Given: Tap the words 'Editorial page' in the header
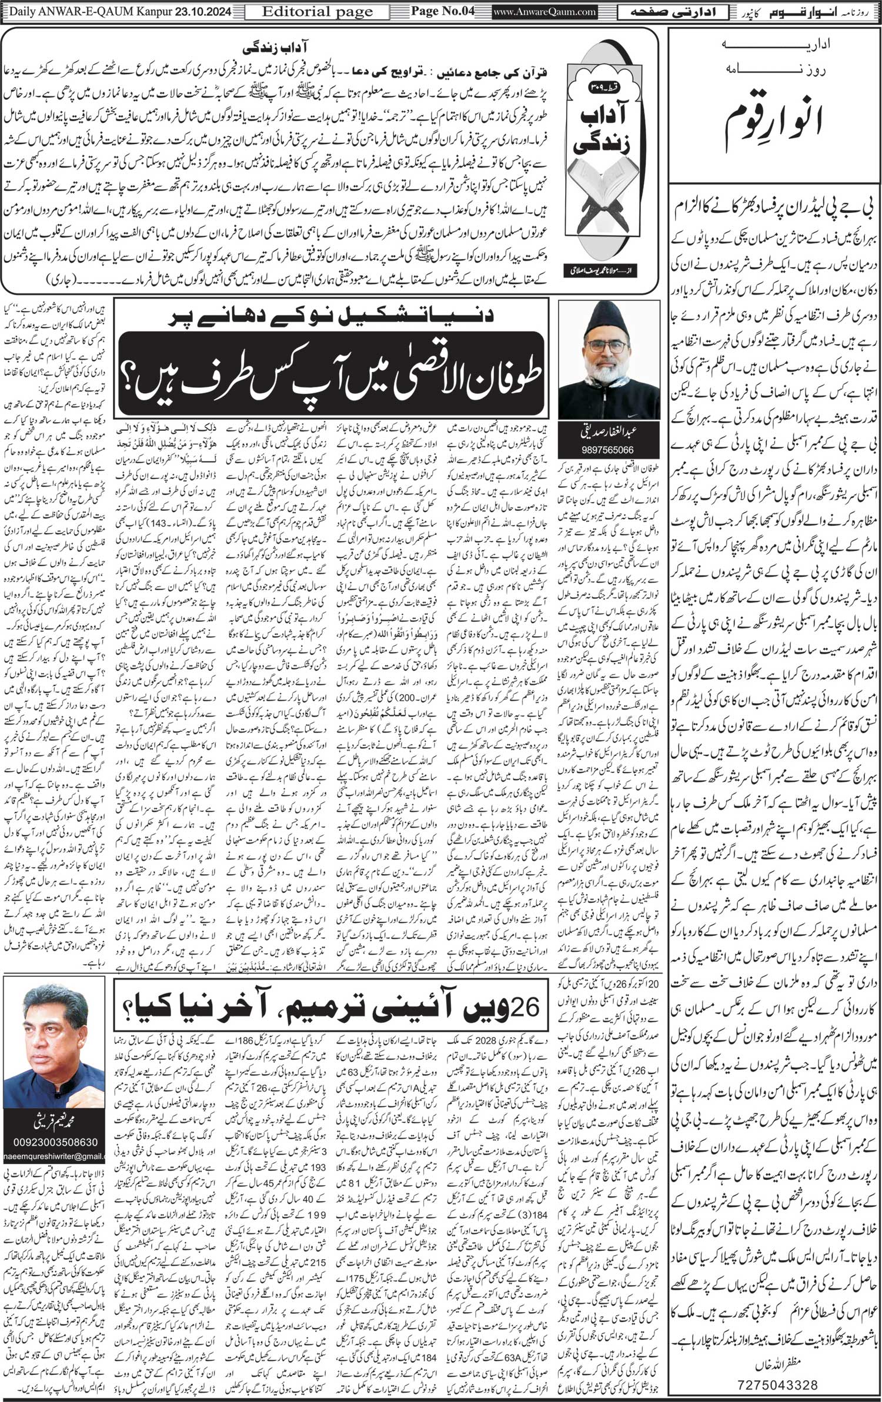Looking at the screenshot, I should (318, 11).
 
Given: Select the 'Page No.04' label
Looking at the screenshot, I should (442, 11).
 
